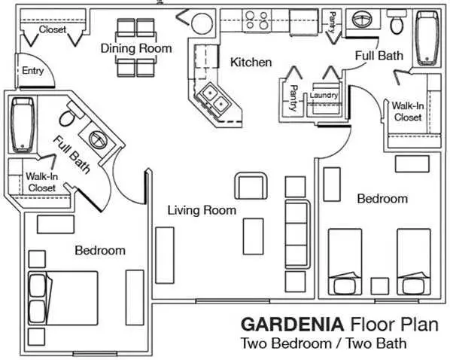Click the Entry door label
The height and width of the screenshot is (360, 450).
tap(32, 71)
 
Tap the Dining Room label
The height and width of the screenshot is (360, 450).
tap(136, 48)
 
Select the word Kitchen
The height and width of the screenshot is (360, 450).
tap(251, 63)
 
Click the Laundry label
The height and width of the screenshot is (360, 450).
tap(324, 96)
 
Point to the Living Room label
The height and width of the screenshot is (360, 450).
tap(202, 210)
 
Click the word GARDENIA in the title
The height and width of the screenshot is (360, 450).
tap(292, 325)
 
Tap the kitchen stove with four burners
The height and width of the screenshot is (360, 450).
tap(257, 20)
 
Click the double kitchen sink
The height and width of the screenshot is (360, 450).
tap(215, 98)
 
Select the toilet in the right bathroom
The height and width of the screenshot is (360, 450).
tap(397, 21)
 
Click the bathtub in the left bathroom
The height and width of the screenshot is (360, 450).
tap(23, 125)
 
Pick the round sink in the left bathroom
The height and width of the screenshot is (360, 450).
tap(98, 139)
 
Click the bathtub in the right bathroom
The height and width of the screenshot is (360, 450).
tap(427, 38)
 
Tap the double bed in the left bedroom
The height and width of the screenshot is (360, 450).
tap(63, 298)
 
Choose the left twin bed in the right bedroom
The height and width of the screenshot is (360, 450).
tap(345, 261)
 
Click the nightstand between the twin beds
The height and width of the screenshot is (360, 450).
tap(380, 286)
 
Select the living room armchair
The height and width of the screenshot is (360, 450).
tap(251, 186)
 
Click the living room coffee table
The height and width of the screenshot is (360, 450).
tap(253, 236)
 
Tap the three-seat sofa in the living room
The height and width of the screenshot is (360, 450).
tap(298, 234)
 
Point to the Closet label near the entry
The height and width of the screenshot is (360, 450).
tap(53, 29)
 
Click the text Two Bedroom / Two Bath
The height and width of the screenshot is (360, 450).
tap(324, 343)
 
